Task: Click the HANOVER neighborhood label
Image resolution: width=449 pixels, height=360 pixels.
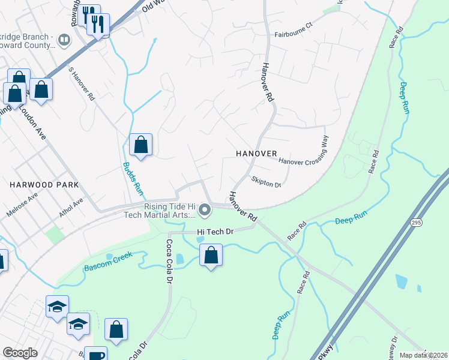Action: (x=256, y=154)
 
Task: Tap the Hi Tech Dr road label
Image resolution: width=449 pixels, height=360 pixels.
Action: (x=214, y=230)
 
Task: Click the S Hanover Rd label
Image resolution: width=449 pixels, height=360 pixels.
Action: (x=82, y=84)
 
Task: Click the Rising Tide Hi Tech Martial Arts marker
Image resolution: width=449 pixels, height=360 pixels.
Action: (x=205, y=210)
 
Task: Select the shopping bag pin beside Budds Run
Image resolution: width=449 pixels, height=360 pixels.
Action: (x=140, y=144)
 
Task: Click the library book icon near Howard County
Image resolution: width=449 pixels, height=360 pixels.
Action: (x=64, y=40)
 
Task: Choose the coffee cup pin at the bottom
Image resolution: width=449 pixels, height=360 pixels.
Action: (x=95, y=354)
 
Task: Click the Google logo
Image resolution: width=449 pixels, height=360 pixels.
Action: (x=20, y=353)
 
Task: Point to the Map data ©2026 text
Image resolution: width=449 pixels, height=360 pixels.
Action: (x=423, y=355)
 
